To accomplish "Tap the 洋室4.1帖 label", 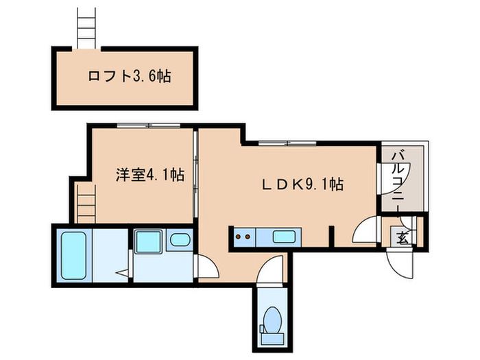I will click(149, 175).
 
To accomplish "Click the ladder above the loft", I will click(86, 27).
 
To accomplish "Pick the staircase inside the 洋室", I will click(85, 204).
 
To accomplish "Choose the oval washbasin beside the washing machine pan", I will click(180, 241).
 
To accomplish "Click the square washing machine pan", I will click(147, 242).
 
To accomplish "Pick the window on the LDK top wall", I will click(287, 143).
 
